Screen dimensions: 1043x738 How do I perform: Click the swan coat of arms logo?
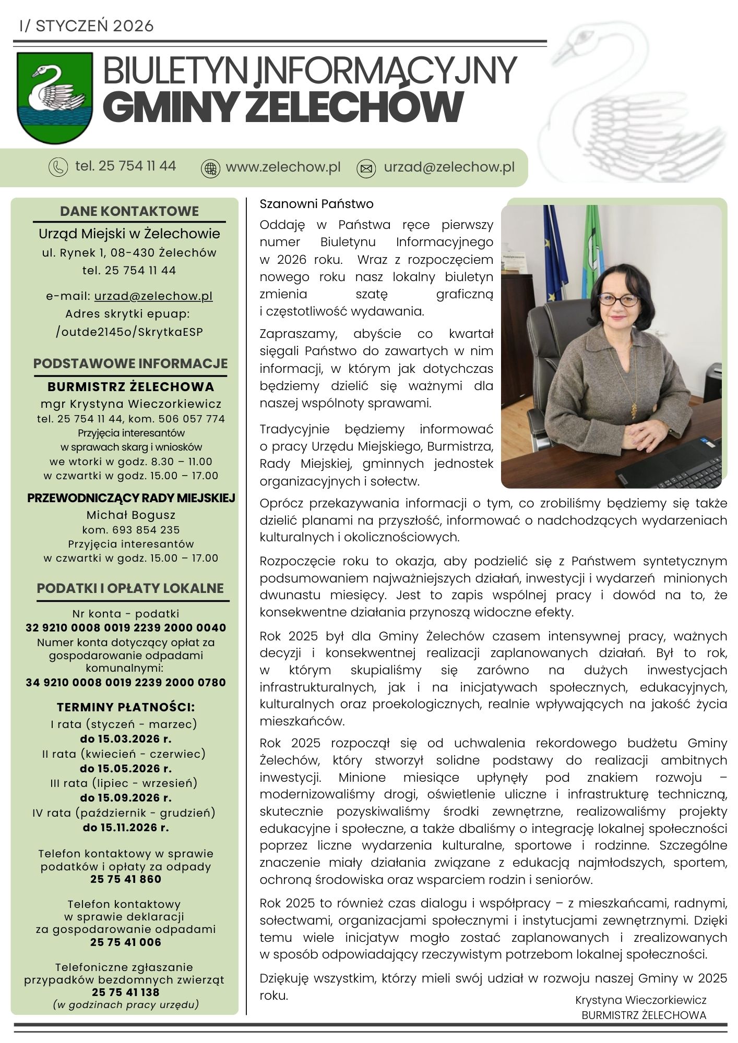coord(55,98)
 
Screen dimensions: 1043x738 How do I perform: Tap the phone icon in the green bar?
coord(58,167)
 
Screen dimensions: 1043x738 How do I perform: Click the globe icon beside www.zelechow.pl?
coord(210,168)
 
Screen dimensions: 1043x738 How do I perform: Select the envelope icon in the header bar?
coord(366,168)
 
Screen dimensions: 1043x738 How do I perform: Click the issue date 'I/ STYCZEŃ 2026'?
coord(86,26)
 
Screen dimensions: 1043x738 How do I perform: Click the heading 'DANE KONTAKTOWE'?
coord(129,211)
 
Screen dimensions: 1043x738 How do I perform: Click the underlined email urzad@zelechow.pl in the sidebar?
coord(153,296)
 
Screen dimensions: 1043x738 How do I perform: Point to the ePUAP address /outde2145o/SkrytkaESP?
coord(129,332)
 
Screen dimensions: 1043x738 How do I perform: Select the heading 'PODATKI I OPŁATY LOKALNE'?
coord(130,588)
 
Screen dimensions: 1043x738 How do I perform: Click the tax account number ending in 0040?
coord(126,628)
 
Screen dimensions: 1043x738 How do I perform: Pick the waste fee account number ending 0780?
coord(126,683)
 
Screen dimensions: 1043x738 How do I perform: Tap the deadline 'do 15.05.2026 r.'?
coord(126,769)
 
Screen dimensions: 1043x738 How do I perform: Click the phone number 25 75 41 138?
coord(125,992)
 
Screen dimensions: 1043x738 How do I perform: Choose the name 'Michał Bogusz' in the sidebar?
coord(130,515)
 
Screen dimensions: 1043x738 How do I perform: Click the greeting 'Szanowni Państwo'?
coord(317,204)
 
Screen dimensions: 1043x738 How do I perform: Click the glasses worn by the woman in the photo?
coord(617,300)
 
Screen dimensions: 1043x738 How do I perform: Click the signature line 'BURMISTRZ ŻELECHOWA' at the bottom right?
coord(644,1015)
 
